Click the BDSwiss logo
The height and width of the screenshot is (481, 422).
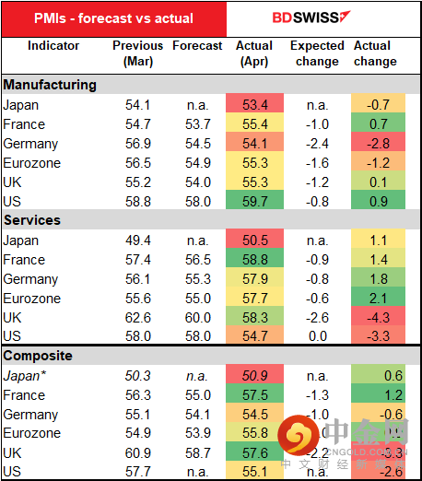(x=309, y=18)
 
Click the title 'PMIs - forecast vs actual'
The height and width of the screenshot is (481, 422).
(x=114, y=18)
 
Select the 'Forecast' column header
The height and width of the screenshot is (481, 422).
(x=197, y=45)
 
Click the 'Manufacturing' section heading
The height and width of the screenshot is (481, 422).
(x=50, y=85)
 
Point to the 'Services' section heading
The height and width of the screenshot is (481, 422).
(x=33, y=220)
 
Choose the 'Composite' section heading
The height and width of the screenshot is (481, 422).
(x=41, y=356)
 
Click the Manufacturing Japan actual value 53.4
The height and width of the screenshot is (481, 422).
(x=254, y=105)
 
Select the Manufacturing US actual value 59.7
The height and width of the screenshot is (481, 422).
(x=254, y=201)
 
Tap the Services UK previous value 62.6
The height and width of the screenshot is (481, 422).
(x=138, y=317)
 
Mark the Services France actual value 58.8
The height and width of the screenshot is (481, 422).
(x=254, y=260)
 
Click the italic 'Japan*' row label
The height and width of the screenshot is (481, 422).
(x=24, y=376)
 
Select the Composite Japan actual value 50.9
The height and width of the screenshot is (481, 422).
(x=254, y=376)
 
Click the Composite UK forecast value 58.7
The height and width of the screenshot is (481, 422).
(x=197, y=453)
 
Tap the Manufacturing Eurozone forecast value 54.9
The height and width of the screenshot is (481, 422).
(x=197, y=163)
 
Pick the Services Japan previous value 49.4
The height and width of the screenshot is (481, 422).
(x=138, y=240)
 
